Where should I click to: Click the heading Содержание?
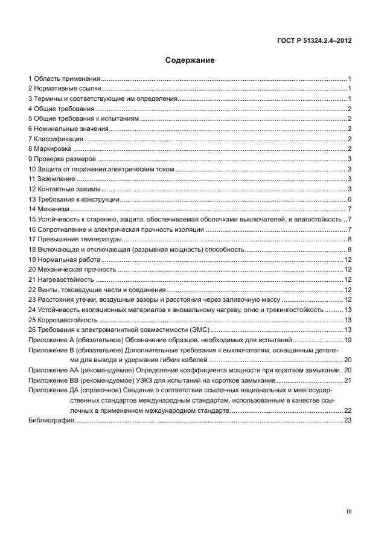click(x=190, y=60)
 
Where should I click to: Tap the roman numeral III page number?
click(x=349, y=511)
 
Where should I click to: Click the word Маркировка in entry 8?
click(x=53, y=148)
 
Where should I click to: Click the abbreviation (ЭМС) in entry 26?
click(x=200, y=330)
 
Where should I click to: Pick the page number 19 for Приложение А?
click(x=348, y=340)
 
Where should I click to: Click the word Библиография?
click(x=51, y=421)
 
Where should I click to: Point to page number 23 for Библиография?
click(x=348, y=421)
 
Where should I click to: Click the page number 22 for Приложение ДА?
click(x=348, y=410)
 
